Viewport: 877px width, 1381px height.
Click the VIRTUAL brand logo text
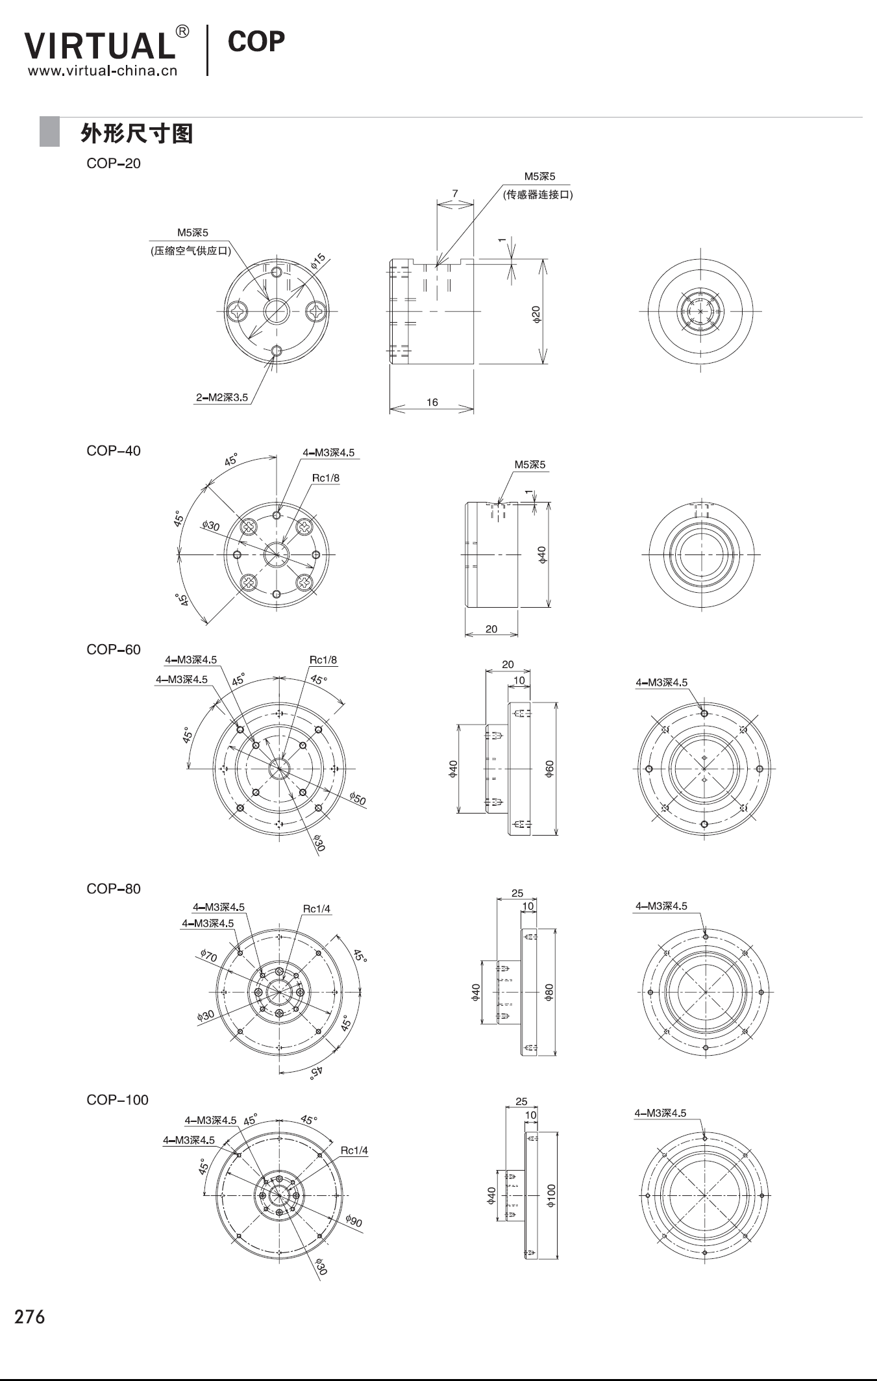pos(100,45)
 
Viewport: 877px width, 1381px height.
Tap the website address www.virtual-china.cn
pos(103,70)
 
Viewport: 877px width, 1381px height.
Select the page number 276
pos(30,1317)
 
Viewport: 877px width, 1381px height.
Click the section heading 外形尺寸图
pos(136,133)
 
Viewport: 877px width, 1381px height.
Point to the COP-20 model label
pos(114,163)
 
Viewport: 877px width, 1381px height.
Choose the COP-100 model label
pos(117,1100)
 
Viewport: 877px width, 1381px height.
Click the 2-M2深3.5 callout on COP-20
pos(222,397)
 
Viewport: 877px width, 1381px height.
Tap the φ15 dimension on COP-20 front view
pos(317,261)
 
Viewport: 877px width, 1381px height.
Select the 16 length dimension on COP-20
pos(432,403)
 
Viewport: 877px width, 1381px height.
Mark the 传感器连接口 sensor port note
pos(538,195)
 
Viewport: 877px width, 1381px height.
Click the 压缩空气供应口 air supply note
pos(191,251)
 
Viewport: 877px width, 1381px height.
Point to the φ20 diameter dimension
pos(536,314)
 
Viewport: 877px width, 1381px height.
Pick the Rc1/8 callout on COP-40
pos(326,479)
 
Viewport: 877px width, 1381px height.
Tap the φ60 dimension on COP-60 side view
pos(549,769)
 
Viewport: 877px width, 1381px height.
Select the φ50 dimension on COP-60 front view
pos(358,799)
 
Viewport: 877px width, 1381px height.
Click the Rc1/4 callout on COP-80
pos(317,909)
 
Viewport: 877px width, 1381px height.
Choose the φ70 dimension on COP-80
pos(208,955)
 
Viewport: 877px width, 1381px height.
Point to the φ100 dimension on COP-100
pos(550,1195)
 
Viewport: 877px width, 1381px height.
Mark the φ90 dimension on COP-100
pos(354,1221)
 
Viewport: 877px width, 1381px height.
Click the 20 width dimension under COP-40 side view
pos(491,629)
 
